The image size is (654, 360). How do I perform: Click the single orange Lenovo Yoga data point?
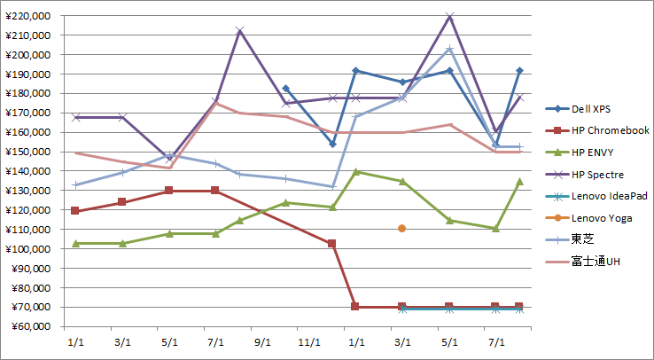[402, 229]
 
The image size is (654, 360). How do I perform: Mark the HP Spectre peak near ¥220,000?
[449, 16]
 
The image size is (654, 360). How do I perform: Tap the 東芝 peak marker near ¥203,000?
[449, 49]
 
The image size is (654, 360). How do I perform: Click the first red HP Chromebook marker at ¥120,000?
[75, 211]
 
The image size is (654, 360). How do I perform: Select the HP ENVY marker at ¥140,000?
[355, 171]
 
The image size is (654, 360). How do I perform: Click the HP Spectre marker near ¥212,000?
[239, 31]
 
